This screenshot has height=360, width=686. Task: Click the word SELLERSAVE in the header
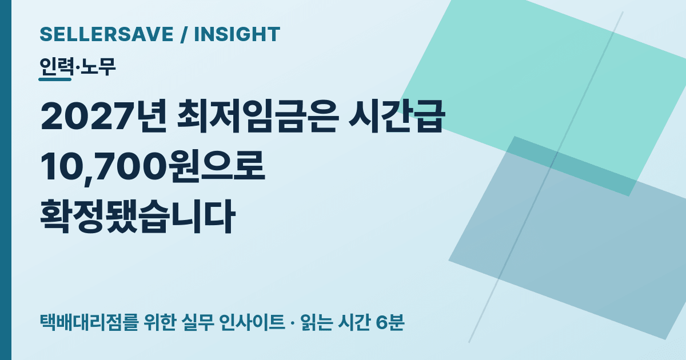[106, 34]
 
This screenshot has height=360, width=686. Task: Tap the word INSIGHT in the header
[237, 34]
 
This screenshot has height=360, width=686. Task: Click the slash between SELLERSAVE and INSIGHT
[184, 34]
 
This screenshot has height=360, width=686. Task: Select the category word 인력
[57, 67]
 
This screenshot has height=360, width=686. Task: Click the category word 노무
[97, 67]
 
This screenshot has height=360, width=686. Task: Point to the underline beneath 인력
[55, 79]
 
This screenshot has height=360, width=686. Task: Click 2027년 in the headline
[103, 117]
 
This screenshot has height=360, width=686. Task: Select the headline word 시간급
[397, 117]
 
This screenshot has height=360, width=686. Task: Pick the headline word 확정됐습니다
[138, 217]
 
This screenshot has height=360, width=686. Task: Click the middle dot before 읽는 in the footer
[293, 323]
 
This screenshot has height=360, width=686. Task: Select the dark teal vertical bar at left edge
[6, 180]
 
